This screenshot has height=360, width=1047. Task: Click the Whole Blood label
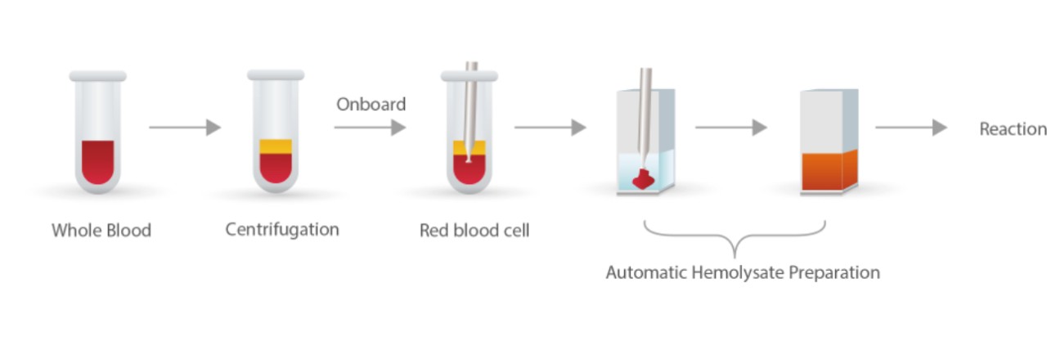pos(101,230)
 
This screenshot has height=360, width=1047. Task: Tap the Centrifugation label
pos(282,229)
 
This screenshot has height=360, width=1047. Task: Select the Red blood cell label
pos(474,231)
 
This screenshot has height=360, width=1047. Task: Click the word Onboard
pos(371,105)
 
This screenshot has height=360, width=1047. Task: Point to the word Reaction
pos(1013,129)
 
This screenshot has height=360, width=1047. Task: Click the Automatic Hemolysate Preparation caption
pos(743,272)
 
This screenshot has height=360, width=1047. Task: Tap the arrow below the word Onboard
pos(370,128)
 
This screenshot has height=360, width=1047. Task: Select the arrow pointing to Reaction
pos(910,128)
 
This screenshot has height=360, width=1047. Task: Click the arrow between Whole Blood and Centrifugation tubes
pos(185,128)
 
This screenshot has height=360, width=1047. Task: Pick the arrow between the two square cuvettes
pos(730,128)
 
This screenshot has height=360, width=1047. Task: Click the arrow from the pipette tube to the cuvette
pos(550,128)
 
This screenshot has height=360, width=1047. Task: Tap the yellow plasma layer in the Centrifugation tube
pos(276,147)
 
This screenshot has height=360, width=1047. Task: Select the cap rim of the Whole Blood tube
pos(98,76)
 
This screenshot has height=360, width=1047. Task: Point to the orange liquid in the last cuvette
pos(826,170)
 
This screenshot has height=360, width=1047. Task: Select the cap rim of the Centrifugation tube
pos(276,75)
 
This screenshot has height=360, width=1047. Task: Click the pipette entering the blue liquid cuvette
pos(645,115)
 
